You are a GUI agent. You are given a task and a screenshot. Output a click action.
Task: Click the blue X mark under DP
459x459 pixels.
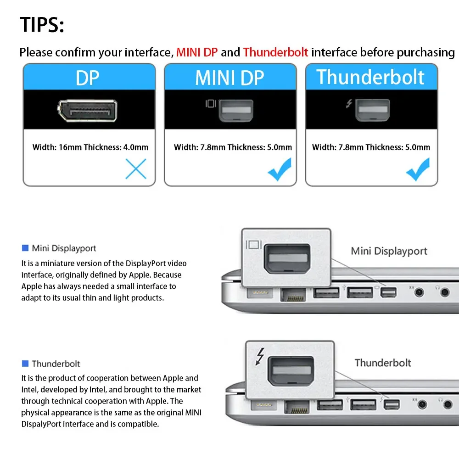coord(135,169)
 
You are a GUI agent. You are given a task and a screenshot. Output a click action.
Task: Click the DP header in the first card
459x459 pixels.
coord(87,78)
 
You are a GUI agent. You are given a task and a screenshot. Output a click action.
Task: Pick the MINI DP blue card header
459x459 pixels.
coord(229,78)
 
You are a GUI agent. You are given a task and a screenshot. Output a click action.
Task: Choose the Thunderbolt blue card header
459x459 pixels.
coord(370,77)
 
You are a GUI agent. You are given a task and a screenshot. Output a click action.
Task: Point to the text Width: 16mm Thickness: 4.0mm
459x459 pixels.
coord(90,147)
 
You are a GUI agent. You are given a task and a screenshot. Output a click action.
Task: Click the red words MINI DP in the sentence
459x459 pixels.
coord(197,52)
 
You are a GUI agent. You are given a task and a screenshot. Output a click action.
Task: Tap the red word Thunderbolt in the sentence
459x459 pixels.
coord(275,52)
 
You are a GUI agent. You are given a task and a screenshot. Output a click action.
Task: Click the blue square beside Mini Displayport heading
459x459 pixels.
coord(25,248)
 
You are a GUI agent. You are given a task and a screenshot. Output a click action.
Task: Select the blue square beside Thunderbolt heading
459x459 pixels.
coord(25,364)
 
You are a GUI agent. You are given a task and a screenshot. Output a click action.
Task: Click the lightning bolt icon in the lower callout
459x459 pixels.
coord(260,356)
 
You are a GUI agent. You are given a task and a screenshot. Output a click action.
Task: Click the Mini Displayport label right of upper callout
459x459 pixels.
coord(389,251)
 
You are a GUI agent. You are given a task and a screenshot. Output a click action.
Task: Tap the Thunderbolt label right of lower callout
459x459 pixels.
coord(382,363)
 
